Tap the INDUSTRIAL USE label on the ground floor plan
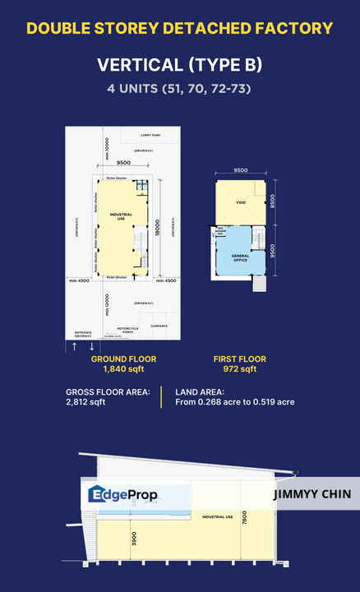121,217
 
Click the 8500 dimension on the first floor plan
273,201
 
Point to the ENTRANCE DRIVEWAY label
84,334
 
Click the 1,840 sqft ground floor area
123,370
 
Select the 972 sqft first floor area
240,370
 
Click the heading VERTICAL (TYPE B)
179,65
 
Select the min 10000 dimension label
106,154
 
